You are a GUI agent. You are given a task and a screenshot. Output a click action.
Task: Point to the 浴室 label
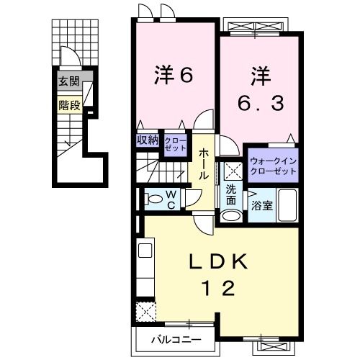(262, 206)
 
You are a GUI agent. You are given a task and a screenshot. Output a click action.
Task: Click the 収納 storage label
(148, 140)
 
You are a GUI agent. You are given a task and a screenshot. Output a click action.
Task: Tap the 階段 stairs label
(68, 104)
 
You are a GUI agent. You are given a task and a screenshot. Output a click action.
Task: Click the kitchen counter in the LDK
(142, 270)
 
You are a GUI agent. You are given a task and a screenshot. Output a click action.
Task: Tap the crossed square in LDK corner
(147, 311)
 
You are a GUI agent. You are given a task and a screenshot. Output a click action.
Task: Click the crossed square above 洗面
(232, 170)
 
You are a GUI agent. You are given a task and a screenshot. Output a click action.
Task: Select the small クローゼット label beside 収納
(174, 142)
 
